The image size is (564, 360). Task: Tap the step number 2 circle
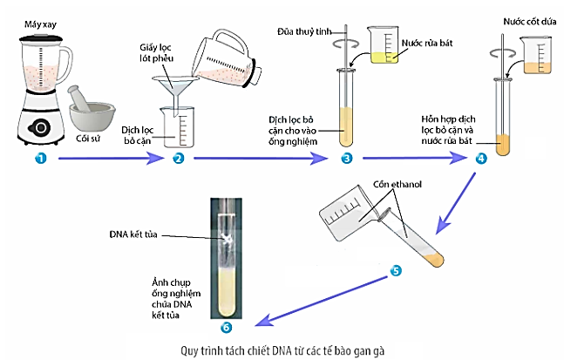pyautogui.click(x=178, y=159)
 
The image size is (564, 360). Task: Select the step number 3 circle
pyautogui.click(x=346, y=159)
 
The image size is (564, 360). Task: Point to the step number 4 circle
pyautogui.click(x=481, y=159)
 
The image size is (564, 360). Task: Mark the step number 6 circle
pyautogui.click(x=228, y=327)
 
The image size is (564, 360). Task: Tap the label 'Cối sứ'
pyautogui.click(x=89, y=137)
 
